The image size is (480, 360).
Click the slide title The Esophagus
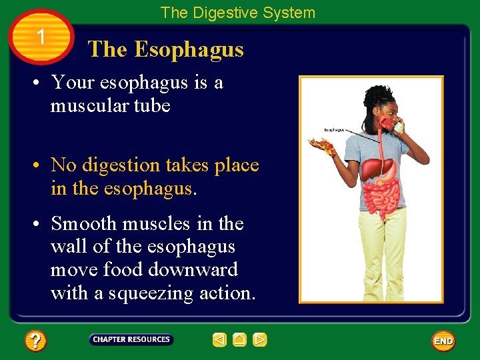(166, 49)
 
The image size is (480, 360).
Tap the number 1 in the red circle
(41, 37)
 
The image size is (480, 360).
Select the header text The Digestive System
(237, 13)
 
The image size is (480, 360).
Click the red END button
(443, 341)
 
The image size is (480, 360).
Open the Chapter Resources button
(131, 339)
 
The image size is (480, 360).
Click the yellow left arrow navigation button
(219, 340)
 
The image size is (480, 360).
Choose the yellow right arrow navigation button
(260, 340)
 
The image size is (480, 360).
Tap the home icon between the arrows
(239, 340)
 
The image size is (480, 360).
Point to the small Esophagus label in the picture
(334, 130)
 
